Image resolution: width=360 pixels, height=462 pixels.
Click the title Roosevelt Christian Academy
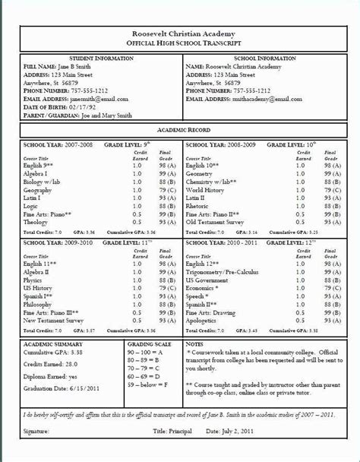pyautogui.click(x=179, y=34)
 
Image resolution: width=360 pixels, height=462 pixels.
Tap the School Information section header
pyautogui.click(x=268, y=58)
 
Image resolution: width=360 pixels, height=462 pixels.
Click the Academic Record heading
pyautogui.click(x=180, y=131)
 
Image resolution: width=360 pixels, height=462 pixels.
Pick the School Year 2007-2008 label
pyautogui.click(x=47, y=143)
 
